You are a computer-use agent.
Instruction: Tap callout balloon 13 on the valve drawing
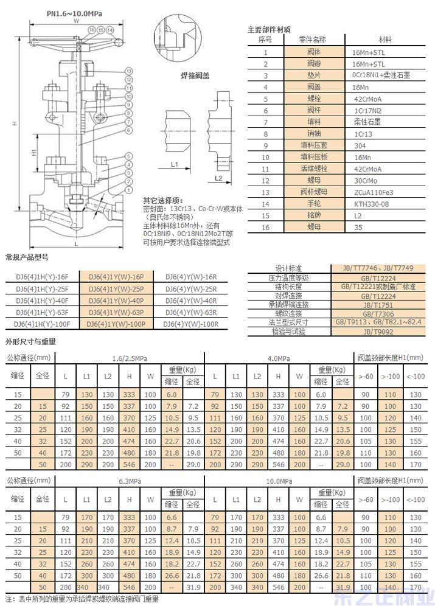coord(129,72)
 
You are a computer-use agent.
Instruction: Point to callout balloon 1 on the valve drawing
coord(129,189)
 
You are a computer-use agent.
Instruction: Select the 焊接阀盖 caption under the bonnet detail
coord(195,75)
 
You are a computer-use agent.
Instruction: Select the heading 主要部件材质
coord(269,29)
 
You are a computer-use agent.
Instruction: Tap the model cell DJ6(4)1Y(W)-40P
coord(116,301)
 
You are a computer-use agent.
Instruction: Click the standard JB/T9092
coord(379,332)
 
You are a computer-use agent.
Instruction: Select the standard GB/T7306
coord(379,314)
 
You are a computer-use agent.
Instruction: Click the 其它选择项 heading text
coord(162,200)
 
